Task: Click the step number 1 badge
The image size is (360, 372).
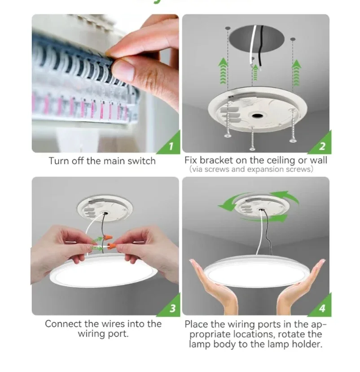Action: tap(171, 145)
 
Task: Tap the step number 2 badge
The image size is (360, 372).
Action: tap(322, 145)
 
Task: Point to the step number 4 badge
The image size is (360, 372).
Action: tap(322, 308)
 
